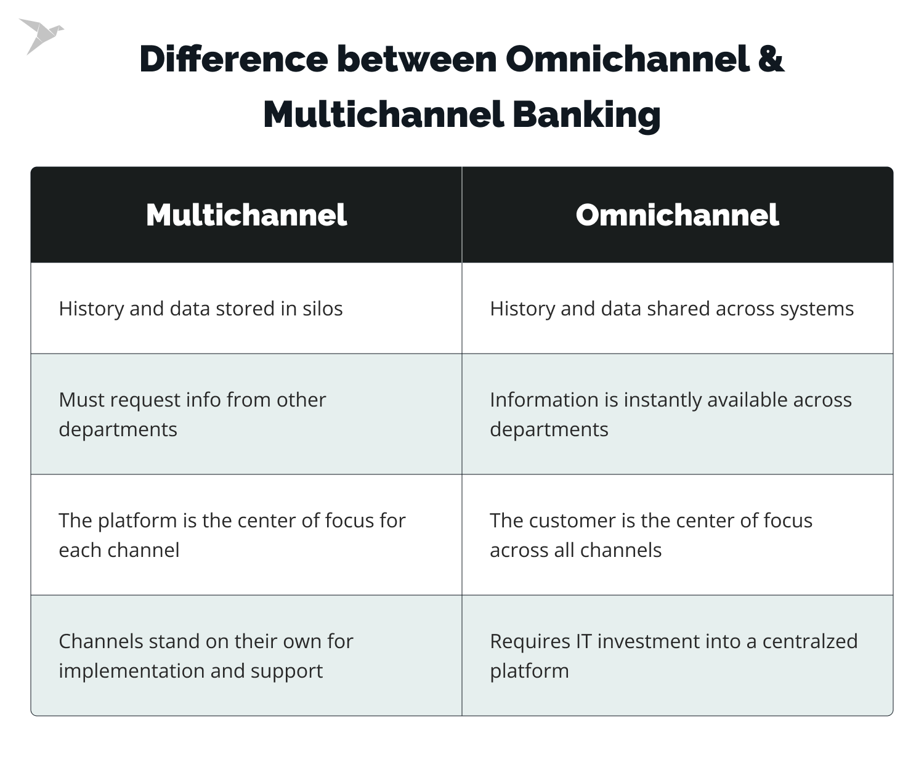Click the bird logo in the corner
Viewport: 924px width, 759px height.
[x=41, y=35]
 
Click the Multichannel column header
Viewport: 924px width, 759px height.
[x=246, y=215]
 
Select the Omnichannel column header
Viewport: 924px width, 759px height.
[x=677, y=215]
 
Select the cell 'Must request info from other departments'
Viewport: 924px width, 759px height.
[x=246, y=414]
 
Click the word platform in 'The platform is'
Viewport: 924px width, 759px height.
[x=137, y=521]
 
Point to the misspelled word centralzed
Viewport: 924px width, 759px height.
[x=809, y=641]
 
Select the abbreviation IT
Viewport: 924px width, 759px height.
[x=583, y=641]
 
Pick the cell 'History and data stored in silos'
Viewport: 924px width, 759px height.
[x=246, y=309]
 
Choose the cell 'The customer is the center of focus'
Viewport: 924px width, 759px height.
[x=677, y=535]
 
